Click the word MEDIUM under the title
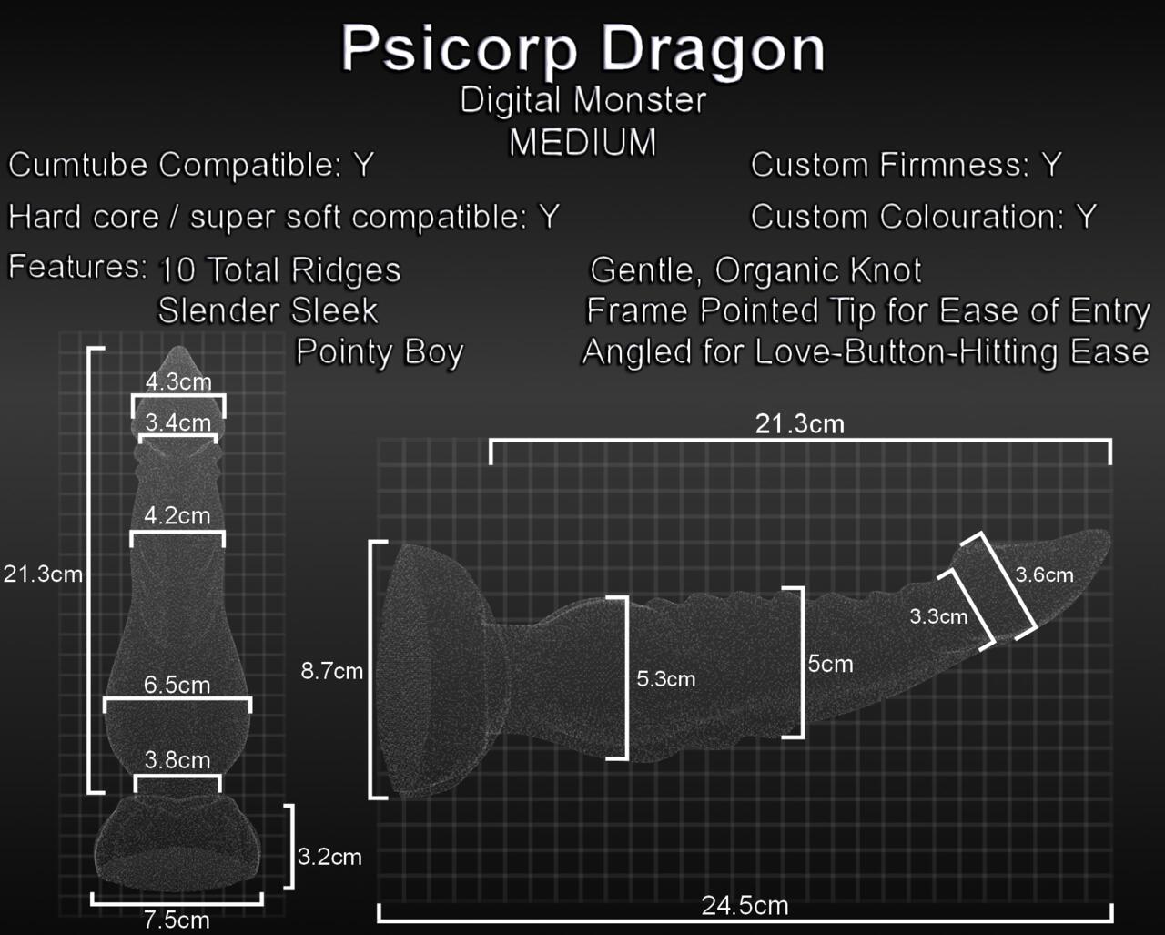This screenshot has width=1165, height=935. [582, 142]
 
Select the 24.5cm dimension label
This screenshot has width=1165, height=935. [745, 906]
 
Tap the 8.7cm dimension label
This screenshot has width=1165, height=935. [332, 672]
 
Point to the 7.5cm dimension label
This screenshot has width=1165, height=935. [177, 920]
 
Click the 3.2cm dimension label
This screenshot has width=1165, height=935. [329, 857]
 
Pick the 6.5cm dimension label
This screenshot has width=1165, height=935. [177, 685]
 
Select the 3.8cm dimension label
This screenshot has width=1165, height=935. [177, 760]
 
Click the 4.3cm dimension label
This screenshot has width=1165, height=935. [178, 381]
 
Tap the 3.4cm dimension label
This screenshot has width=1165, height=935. [178, 422]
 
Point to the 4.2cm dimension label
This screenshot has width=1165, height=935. [177, 515]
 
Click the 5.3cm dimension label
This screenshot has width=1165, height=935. [665, 679]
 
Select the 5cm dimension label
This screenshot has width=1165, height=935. [830, 665]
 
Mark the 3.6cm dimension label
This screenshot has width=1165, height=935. [1044, 575]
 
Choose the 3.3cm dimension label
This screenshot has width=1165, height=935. [938, 616]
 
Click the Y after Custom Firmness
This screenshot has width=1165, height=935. [1051, 165]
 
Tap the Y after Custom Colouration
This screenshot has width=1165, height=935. [1086, 217]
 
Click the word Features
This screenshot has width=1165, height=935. [76, 268]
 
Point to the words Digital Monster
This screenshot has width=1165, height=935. [582, 100]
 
